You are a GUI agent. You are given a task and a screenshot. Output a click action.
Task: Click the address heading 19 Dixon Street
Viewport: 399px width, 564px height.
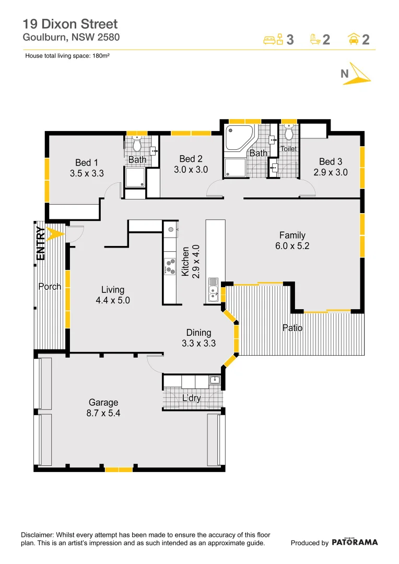click(71, 24)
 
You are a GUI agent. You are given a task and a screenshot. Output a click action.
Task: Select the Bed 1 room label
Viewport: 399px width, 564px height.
click(87, 163)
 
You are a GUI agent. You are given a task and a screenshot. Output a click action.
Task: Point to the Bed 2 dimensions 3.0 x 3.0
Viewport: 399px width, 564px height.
click(191, 170)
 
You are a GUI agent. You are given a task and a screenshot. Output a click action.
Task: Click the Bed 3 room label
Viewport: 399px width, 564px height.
click(331, 162)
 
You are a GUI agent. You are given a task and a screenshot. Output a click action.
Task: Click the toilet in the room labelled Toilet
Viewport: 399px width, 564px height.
click(289, 132)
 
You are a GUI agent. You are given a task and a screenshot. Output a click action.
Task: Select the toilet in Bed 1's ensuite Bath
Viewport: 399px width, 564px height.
click(137, 144)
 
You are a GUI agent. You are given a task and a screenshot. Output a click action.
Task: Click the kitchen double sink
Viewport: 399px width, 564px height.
click(213, 290)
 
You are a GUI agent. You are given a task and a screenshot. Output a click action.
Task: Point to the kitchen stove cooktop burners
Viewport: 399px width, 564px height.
click(170, 266)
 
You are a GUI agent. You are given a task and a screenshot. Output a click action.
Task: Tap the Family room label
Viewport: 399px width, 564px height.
click(292, 235)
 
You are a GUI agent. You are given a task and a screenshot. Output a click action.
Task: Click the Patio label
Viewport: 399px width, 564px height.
click(292, 328)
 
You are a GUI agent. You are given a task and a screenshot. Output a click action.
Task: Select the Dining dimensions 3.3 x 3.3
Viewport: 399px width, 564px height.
click(198, 343)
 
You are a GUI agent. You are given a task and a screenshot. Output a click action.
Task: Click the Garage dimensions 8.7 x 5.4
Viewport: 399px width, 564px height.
click(103, 413)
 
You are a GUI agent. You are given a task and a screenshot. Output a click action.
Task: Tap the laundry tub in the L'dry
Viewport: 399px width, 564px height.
click(214, 380)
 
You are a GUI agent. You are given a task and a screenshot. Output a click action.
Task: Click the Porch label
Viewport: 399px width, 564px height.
click(50, 287)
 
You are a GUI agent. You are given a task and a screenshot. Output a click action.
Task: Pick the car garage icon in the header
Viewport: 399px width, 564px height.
click(353, 39)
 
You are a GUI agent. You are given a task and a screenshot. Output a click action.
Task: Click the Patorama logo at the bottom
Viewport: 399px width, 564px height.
click(355, 542)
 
